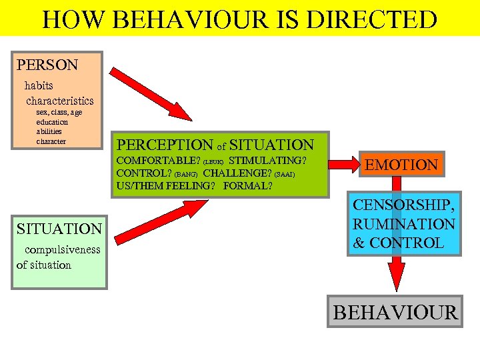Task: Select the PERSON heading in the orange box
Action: tap(47, 65)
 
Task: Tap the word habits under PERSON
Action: tap(39, 85)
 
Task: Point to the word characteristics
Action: tap(60, 101)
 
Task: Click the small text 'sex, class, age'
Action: tap(59, 113)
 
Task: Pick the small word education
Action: tap(52, 123)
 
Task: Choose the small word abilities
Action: tap(49, 132)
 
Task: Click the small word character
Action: tap(51, 141)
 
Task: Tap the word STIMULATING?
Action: tap(267, 161)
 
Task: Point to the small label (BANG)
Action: tap(186, 175)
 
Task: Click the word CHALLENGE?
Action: tap(237, 173)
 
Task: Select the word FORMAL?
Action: tap(248, 186)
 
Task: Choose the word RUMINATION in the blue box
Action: tap(404, 225)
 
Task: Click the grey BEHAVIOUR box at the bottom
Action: tap(395, 311)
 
